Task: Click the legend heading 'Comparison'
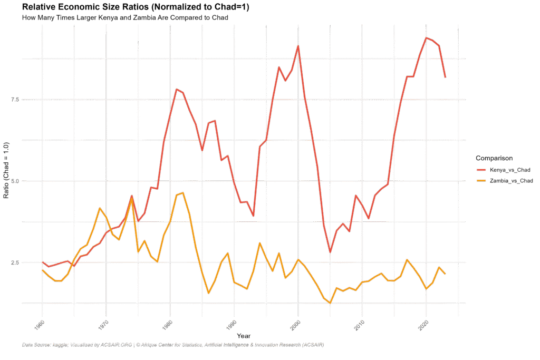click(494, 158)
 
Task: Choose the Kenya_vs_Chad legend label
click(509, 170)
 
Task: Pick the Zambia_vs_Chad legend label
click(511, 181)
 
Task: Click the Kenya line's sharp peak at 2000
click(298, 46)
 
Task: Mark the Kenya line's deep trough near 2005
click(330, 252)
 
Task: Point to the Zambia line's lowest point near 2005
click(330, 303)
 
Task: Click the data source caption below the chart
click(173, 345)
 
